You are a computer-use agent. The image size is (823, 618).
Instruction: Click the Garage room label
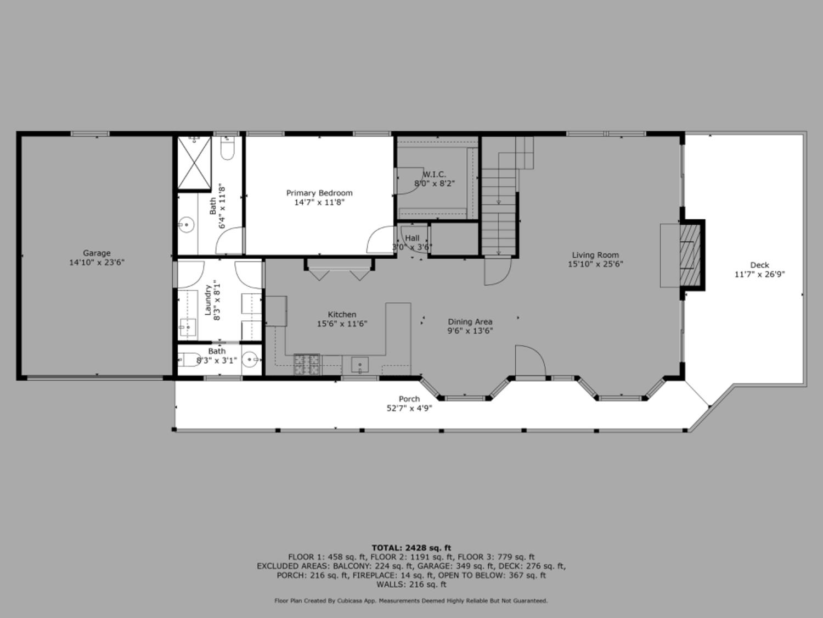point(97,253)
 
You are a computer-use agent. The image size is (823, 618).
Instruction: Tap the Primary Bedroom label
point(319,193)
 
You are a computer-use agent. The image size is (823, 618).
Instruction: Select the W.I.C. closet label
point(434,175)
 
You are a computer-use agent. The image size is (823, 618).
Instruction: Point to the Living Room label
point(595,255)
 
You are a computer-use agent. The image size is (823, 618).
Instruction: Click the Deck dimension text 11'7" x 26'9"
point(759,274)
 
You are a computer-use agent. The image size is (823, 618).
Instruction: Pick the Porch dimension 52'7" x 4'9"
point(409,408)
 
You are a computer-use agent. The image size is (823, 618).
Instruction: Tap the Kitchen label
point(342,315)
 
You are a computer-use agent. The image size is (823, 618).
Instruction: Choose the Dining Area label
point(470,322)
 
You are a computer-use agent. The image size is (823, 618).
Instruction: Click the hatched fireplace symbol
point(691,255)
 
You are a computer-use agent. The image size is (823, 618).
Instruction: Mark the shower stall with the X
point(194,163)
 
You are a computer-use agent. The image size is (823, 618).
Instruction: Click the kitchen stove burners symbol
point(307,365)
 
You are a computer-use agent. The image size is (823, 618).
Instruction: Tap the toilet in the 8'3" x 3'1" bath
point(190,360)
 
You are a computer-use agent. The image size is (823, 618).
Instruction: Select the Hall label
point(412,238)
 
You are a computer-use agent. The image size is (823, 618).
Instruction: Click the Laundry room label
point(208,300)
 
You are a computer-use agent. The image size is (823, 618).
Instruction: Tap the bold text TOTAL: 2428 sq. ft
point(411,548)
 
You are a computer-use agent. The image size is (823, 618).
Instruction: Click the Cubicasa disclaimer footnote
point(411,601)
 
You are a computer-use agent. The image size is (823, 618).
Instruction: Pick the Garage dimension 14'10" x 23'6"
point(97,263)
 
